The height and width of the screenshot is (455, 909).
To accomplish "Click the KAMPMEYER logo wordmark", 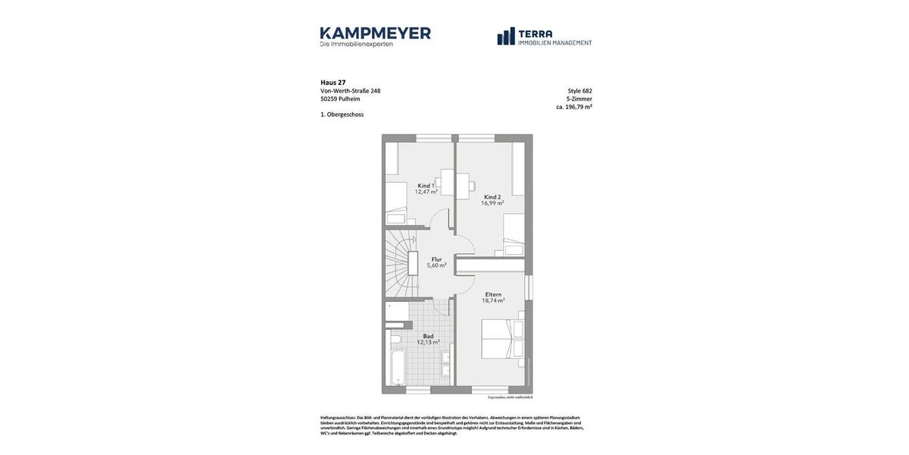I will (x=375, y=33).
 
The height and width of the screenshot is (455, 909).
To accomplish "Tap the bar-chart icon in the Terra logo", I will (x=506, y=36).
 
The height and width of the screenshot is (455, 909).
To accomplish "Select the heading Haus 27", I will (x=333, y=83).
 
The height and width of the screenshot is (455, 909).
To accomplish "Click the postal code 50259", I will (x=329, y=99).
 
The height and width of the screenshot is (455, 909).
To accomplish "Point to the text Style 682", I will (x=579, y=91).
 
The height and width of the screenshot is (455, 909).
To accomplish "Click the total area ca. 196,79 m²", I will (x=574, y=107).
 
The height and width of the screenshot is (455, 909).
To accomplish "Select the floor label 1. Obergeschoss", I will (x=342, y=115).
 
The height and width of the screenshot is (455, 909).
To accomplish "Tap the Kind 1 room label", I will (x=426, y=185).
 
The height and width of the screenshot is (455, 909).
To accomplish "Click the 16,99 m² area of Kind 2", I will (x=492, y=203).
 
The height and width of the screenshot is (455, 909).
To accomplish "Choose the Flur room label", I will (x=436, y=259).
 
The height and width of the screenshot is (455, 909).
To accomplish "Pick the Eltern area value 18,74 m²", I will (x=493, y=300).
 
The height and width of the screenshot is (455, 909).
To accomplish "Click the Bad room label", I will (x=428, y=336).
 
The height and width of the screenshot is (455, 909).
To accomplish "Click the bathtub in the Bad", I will (x=398, y=367).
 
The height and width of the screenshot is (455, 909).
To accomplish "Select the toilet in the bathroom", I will (x=395, y=339).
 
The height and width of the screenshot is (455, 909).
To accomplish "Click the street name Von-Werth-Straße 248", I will (x=350, y=91).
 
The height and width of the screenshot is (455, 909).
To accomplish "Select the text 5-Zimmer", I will (x=579, y=99).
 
